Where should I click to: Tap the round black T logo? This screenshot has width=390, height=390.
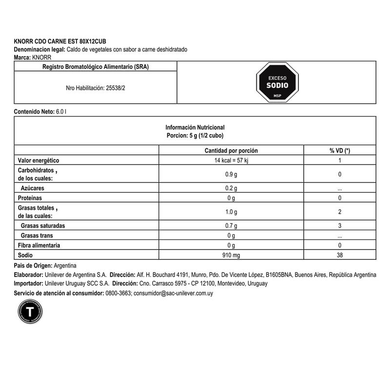[x=30, y=312]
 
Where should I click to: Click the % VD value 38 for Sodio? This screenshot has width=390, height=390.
[x=339, y=255]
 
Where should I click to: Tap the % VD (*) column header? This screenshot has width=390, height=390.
[x=339, y=151]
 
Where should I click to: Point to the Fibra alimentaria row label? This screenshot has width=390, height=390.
[x=39, y=245]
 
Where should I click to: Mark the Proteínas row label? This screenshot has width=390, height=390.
[x=30, y=198]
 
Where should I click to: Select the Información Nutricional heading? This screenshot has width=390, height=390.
[x=195, y=126]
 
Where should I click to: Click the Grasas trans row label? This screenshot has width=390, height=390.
[x=37, y=236]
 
